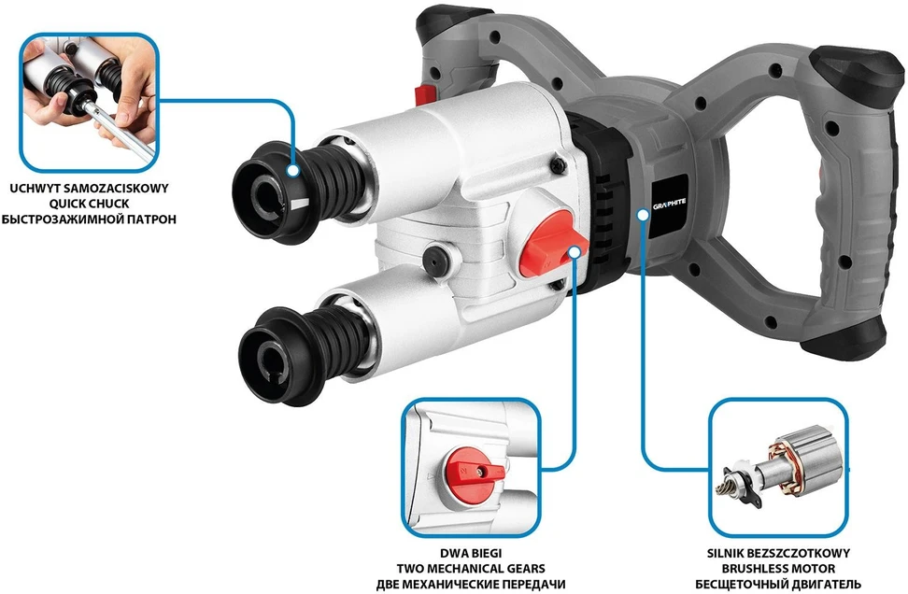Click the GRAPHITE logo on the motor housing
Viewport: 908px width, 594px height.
(670, 204)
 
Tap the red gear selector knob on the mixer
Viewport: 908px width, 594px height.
(550, 250)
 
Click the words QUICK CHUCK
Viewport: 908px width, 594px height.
(89, 204)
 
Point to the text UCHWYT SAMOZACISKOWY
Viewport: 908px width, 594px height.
(89, 188)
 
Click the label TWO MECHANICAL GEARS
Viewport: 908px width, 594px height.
(471, 569)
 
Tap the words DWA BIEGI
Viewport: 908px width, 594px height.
(471, 554)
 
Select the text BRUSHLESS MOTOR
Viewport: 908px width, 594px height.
(778, 569)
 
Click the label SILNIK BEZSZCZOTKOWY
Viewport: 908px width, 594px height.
(778, 554)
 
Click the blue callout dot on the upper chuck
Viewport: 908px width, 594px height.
(293, 170)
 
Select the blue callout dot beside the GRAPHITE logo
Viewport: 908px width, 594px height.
(643, 215)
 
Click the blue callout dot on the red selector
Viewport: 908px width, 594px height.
(575, 252)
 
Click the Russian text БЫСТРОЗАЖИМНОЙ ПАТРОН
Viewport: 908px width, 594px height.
(89, 219)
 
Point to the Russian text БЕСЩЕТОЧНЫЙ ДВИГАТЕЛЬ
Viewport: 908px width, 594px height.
(778, 584)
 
